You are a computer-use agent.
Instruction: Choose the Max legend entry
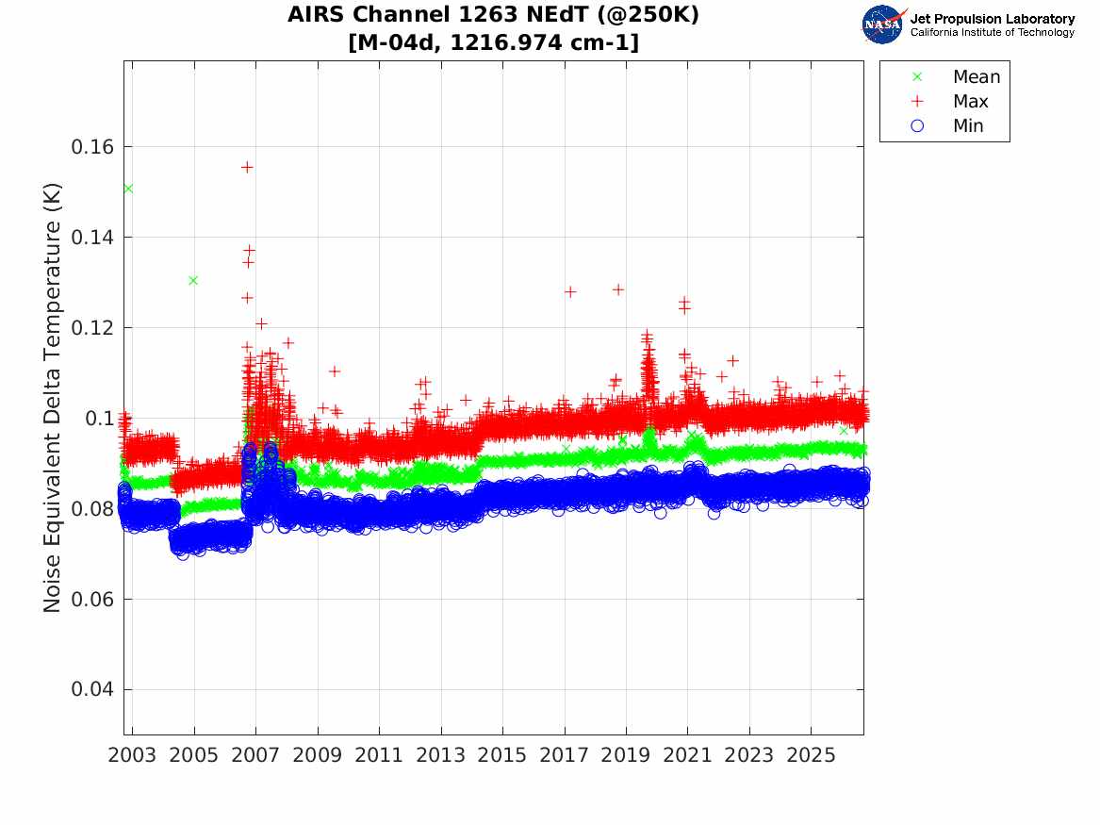point(949,101)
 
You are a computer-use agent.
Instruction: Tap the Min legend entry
point(947,125)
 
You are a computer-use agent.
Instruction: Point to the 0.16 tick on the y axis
point(91,147)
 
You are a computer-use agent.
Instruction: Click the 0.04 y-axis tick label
point(91,689)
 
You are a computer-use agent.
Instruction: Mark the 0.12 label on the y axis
point(91,327)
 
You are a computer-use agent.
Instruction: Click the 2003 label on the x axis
point(132,755)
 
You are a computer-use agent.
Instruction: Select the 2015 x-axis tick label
point(502,755)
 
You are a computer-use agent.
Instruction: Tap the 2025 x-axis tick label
point(811,755)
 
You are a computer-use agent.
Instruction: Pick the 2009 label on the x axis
point(317,755)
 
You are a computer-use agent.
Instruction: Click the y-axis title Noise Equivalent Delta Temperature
point(53,398)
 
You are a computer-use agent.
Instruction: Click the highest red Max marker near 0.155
point(247,167)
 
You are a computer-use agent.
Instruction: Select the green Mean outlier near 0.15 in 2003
point(128,189)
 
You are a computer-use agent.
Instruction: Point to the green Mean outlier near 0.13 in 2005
point(193,281)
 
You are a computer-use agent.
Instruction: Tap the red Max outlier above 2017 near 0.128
point(570,291)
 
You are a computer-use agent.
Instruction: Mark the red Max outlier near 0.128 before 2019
point(618,289)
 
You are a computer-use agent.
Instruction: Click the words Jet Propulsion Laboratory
point(993,19)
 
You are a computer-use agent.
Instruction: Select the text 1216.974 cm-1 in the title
point(545,42)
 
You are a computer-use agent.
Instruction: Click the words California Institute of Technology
point(993,32)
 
